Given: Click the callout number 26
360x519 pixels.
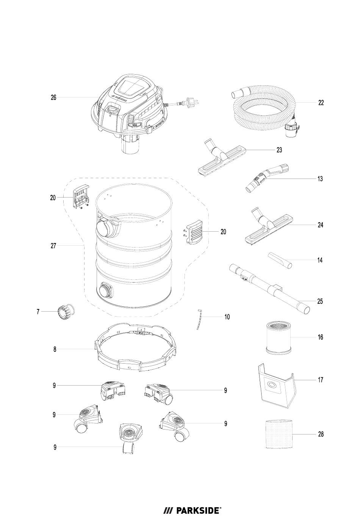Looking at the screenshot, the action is click(53, 97).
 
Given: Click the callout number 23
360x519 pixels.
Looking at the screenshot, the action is click(279, 150).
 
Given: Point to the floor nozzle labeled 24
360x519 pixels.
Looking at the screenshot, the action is click(269, 228).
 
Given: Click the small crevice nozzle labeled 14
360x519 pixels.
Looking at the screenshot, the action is click(280, 260).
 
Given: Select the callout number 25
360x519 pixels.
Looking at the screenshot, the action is click(320, 301).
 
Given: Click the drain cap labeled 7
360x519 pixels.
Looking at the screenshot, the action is click(66, 312).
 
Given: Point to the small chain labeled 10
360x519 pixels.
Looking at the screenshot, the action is click(199, 319).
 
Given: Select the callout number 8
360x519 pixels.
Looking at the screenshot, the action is click(55, 349).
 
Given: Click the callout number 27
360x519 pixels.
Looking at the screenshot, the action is click(53, 246).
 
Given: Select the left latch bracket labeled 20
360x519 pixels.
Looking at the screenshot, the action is click(81, 196).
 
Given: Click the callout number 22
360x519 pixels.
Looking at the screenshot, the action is click(321, 102).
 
